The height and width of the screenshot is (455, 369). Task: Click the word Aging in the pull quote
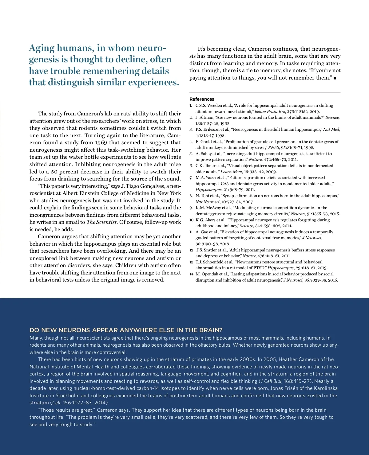point(42,48)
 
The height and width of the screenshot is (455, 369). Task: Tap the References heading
point(202,99)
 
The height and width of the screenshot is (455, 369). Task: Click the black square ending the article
point(335,78)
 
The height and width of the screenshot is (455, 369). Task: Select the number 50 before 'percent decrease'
point(54,171)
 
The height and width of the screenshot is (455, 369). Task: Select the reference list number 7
point(191,178)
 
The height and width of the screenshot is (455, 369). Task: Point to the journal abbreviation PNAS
point(274,147)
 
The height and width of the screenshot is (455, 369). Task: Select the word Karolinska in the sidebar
point(326,388)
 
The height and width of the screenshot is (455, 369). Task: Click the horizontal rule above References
point(265,92)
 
